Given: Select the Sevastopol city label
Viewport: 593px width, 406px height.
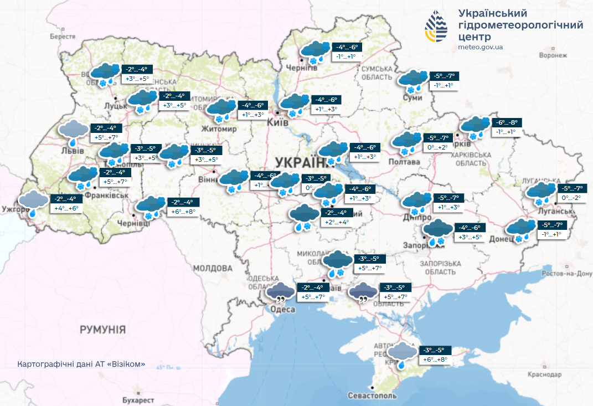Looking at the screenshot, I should tap(373, 396).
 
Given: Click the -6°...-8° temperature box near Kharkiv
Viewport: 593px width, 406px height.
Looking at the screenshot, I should tap(507, 123).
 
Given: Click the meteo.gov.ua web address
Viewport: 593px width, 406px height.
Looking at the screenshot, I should tap(481, 48).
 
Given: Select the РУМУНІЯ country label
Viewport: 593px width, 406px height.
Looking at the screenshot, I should tap(102, 330).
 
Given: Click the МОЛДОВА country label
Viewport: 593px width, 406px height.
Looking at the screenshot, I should tap(213, 268).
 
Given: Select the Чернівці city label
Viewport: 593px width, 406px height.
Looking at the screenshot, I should tap(133, 223).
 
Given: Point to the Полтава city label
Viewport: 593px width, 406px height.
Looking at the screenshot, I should tap(405, 162).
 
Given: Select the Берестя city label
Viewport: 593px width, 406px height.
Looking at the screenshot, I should tap(62, 36).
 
